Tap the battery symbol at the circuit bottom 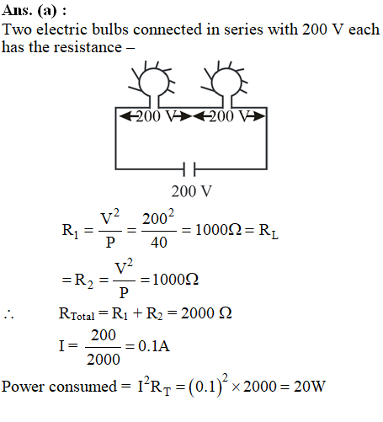click(189, 169)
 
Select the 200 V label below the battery click(192, 191)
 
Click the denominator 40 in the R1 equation click(159, 243)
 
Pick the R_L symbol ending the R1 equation click(269, 231)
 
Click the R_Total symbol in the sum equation click(77, 314)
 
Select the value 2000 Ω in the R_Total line click(206, 313)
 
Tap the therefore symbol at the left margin click(8, 315)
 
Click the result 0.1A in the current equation click(154, 345)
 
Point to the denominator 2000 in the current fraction click(104, 360)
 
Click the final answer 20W click(310, 387)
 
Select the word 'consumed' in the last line click(82, 387)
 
